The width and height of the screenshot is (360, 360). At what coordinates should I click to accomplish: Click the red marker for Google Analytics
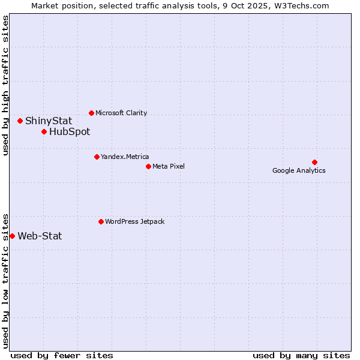pyautogui.click(x=314, y=162)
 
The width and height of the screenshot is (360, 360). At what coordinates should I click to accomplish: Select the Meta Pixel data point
pyautogui.click(x=148, y=166)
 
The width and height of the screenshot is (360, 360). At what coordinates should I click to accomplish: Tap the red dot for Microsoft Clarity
pyautogui.click(x=91, y=113)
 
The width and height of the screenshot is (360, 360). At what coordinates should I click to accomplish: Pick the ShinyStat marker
pyautogui.click(x=20, y=121)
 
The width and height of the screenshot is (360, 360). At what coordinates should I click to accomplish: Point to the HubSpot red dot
pyautogui.click(x=44, y=131)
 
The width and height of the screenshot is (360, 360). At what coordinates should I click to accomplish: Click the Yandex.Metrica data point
pyautogui.click(x=97, y=157)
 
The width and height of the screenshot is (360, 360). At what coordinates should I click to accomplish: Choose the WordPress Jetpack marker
pyautogui.click(x=101, y=221)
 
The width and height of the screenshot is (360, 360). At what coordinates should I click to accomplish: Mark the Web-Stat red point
pyautogui.click(x=12, y=236)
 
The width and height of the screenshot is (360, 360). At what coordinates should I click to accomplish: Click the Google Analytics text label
pyautogui.click(x=299, y=170)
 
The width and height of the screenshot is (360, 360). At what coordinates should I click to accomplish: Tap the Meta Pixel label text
pyautogui.click(x=169, y=166)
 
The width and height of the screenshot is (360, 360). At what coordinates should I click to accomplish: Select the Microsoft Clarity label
pyautogui.click(x=121, y=113)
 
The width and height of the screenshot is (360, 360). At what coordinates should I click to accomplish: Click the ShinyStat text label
pyautogui.click(x=49, y=121)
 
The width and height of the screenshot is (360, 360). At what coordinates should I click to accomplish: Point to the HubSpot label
pyautogui.click(x=70, y=131)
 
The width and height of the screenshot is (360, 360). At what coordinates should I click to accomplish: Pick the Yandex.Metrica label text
pyautogui.click(x=125, y=157)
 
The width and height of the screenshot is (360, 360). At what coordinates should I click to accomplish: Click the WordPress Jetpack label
pyautogui.click(x=134, y=221)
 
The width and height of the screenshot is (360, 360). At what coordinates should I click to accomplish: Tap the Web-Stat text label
pyautogui.click(x=40, y=236)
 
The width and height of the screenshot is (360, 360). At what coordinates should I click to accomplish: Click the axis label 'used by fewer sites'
pyautogui.click(x=62, y=355)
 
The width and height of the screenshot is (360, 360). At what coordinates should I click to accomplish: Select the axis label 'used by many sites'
pyautogui.click(x=301, y=355)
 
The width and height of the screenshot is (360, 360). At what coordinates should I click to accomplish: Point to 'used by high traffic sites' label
pyautogui.click(x=5, y=85)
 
